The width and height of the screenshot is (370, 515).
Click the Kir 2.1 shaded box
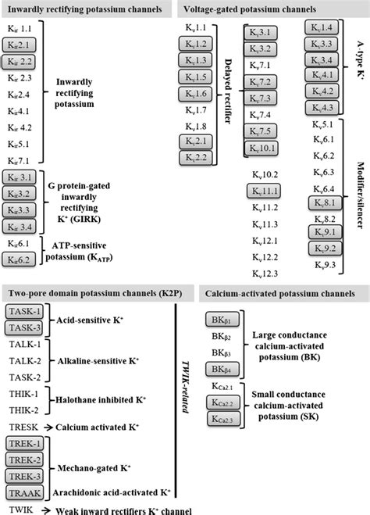pos(19,46)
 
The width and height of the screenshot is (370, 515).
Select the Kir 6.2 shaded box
pos(19,259)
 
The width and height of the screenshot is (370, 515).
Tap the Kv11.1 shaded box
pos(264,191)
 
